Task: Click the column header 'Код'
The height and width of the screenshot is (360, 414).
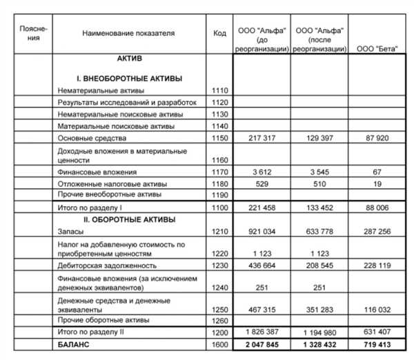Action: [219, 33]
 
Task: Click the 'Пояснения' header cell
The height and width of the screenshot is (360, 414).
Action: [34, 33]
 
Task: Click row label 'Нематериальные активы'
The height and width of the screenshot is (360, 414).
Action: [101, 90]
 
